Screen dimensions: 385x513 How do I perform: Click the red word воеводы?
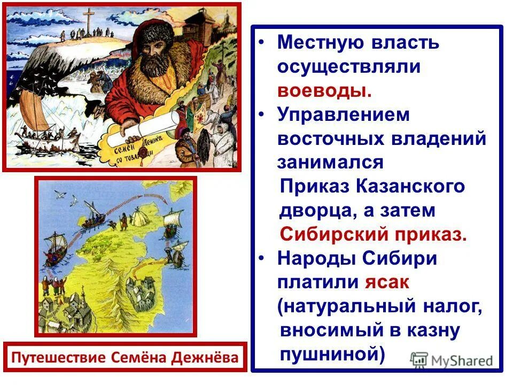coord(324,90)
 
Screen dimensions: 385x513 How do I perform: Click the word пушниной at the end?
coord(332,355)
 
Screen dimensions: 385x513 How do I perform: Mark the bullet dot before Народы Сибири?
coord(261,258)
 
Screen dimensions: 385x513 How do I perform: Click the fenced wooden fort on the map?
coord(136,291)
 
